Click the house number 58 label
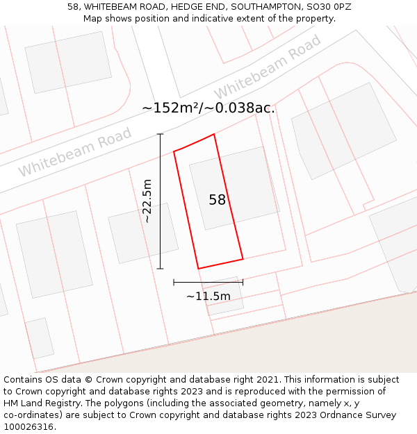pos(218,200)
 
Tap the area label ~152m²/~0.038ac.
pos(208,108)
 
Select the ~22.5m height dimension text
pos(147,201)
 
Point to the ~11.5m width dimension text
pos(208,297)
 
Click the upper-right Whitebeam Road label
pos(268,67)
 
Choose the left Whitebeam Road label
pos(74,151)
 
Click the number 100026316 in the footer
pos(28,427)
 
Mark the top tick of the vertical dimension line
pos(161,134)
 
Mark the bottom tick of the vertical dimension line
pos(161,269)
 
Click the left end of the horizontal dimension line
pos(174,282)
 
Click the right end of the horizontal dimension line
pos(243,282)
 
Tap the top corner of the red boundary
pos(214,134)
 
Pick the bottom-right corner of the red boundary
pos(243,259)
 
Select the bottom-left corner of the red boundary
pos(198,269)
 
